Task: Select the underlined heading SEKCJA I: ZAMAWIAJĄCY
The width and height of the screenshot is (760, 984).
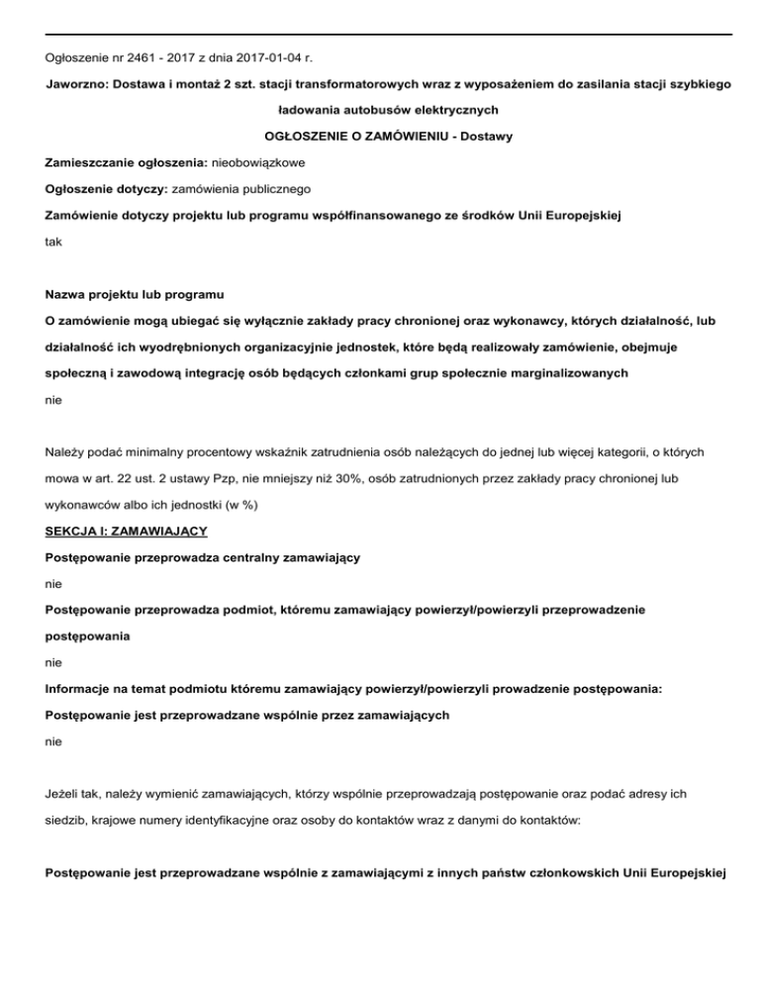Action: [127, 531]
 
